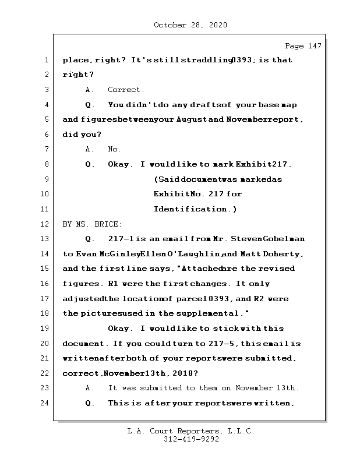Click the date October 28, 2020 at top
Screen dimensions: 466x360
click(x=190, y=25)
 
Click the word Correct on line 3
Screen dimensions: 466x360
click(x=126, y=90)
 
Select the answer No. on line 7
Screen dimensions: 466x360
click(x=114, y=149)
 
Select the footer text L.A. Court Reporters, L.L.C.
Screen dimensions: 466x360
click(x=190, y=432)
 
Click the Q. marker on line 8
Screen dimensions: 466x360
click(x=90, y=164)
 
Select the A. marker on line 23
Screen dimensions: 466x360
click(x=90, y=388)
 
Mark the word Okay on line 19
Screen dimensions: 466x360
click(x=119, y=329)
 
